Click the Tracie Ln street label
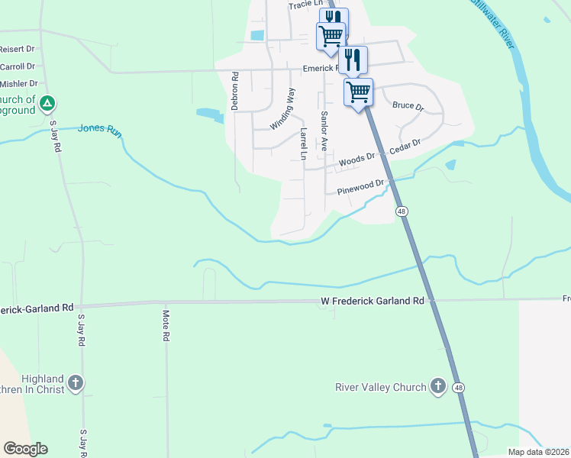click(303, 5)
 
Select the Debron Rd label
click(236, 91)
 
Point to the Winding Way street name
click(282, 108)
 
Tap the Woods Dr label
click(357, 160)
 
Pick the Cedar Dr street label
click(405, 146)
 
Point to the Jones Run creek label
click(99, 129)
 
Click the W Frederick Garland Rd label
click(372, 302)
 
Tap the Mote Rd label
click(166, 324)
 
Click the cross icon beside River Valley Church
click(438, 386)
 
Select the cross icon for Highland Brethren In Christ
click(75, 383)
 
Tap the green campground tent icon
click(47, 102)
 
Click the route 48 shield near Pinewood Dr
click(400, 210)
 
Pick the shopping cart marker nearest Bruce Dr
click(358, 92)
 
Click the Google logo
click(25, 449)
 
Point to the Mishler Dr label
click(19, 83)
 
